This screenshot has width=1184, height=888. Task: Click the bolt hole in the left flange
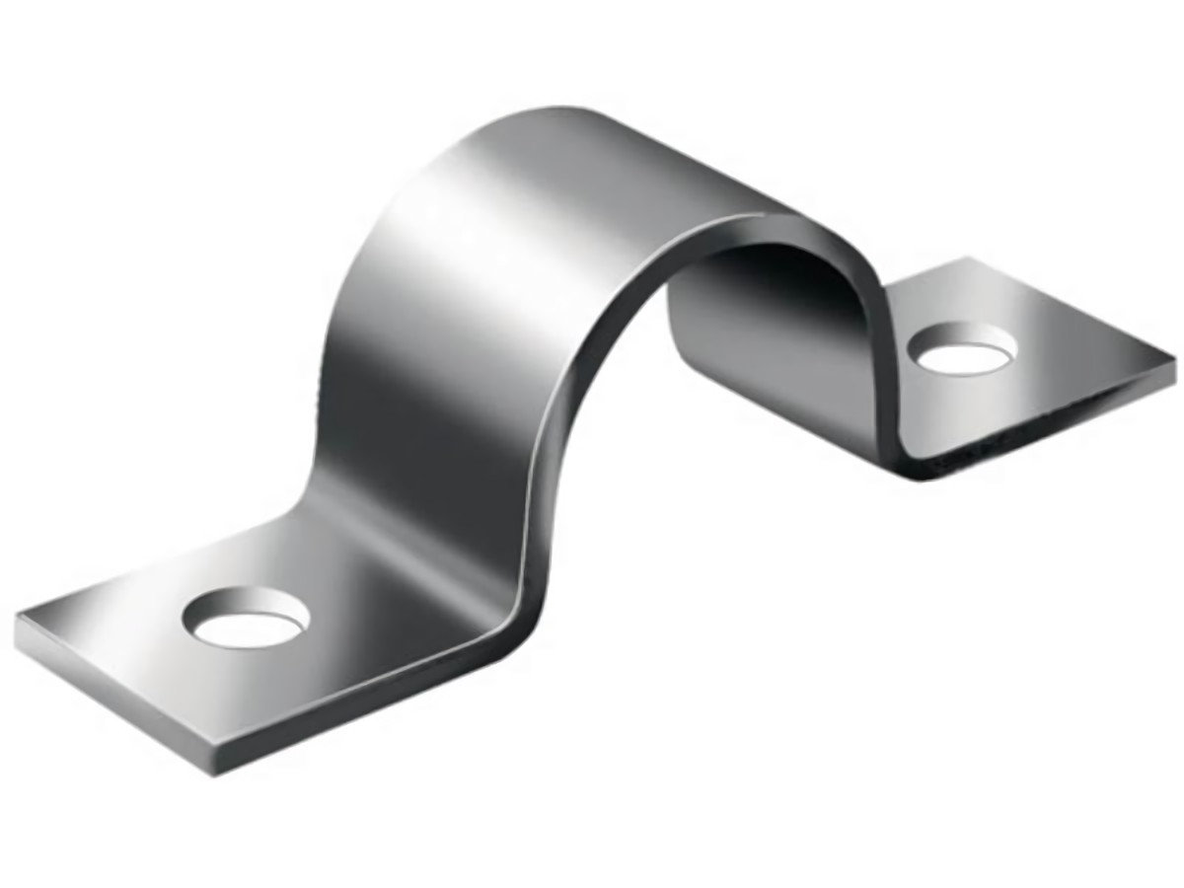247,622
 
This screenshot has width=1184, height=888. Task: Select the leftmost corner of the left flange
18,620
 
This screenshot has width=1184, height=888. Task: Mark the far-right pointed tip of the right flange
1176,352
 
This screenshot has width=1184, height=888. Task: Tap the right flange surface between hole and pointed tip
1075,345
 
